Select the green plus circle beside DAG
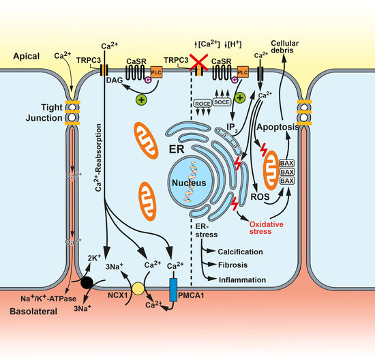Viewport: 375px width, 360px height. tap(144, 100)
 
